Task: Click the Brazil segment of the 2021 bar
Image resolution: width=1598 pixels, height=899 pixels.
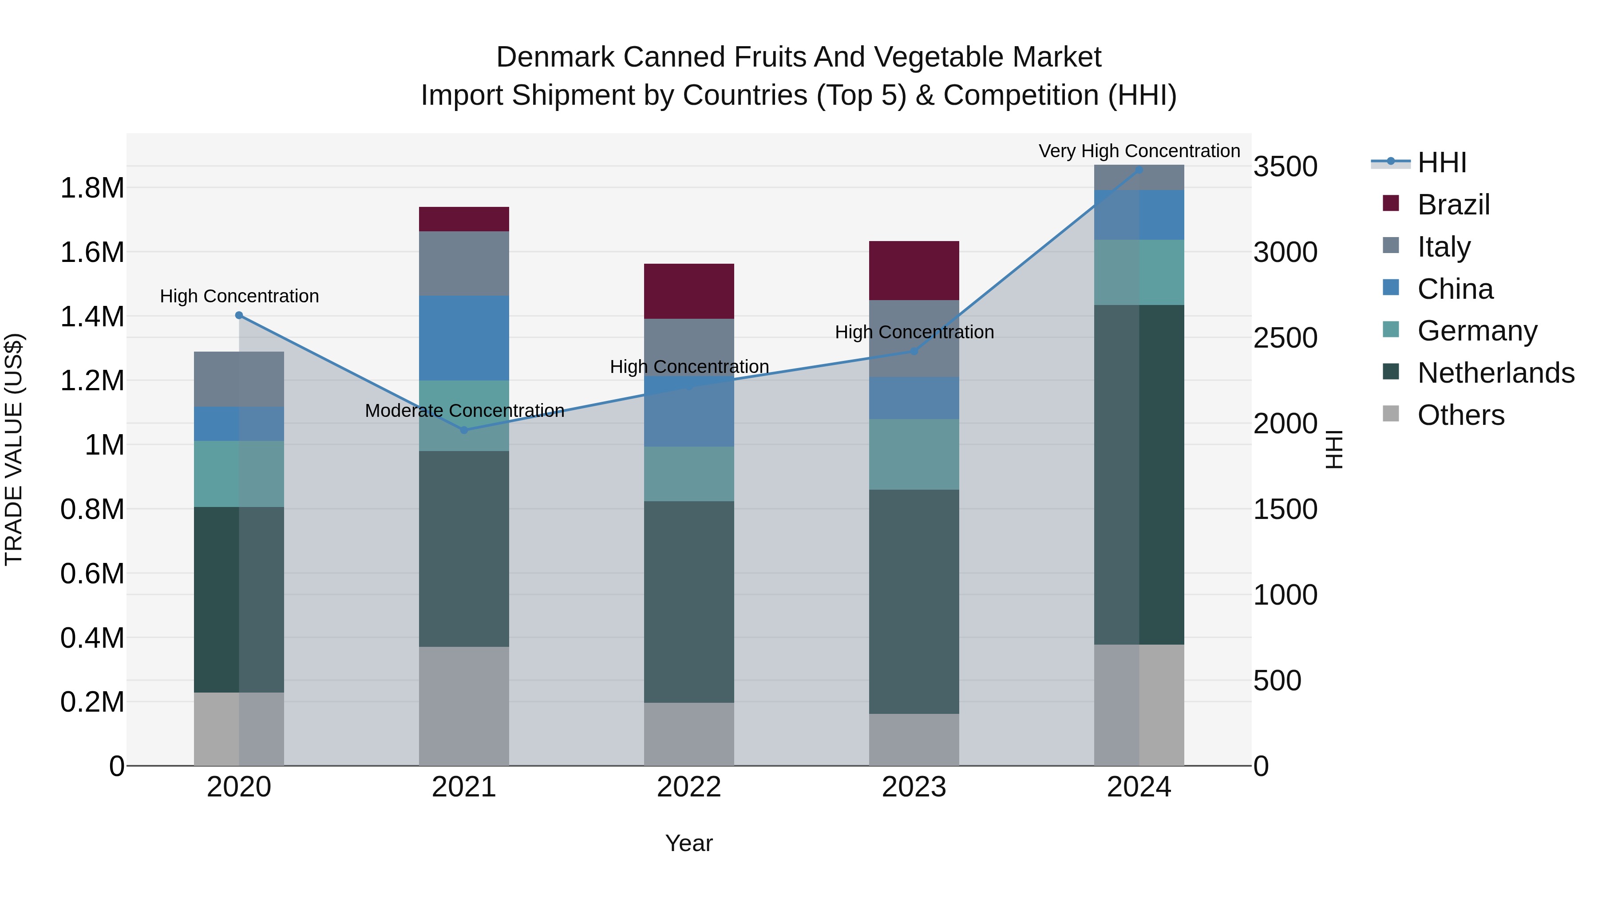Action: tap(463, 219)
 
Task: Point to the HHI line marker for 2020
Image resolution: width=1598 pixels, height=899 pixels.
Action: tap(239, 315)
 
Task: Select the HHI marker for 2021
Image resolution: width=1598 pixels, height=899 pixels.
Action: tap(463, 430)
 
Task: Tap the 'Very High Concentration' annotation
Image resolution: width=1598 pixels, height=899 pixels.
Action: tap(1139, 151)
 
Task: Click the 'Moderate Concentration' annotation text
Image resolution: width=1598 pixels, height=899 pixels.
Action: tap(464, 411)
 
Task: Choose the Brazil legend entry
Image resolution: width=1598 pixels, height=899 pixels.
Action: tap(1453, 205)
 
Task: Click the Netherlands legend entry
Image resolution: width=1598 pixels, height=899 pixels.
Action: tap(1495, 373)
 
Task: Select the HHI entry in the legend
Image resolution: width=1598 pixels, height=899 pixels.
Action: tap(1441, 162)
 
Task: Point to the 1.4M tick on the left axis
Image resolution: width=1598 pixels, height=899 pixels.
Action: tap(92, 317)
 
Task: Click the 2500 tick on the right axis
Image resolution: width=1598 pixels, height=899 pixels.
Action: tap(1285, 338)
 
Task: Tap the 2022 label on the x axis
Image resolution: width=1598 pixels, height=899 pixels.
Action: tap(688, 787)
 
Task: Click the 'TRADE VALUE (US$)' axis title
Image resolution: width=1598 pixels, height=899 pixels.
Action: tap(14, 449)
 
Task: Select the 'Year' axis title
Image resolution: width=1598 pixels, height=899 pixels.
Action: tap(688, 843)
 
